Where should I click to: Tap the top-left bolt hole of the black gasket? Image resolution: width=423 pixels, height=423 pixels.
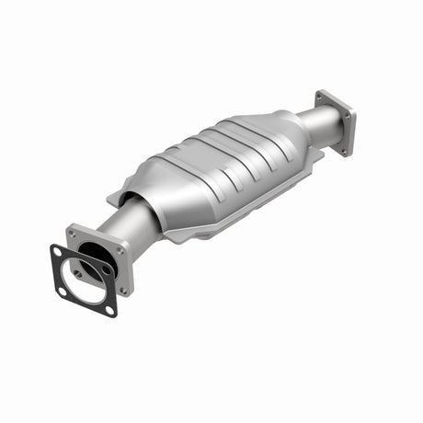[57, 250]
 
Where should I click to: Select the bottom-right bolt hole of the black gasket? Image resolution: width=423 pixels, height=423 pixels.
[110, 310]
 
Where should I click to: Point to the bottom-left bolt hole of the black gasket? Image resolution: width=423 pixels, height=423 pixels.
[63, 292]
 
